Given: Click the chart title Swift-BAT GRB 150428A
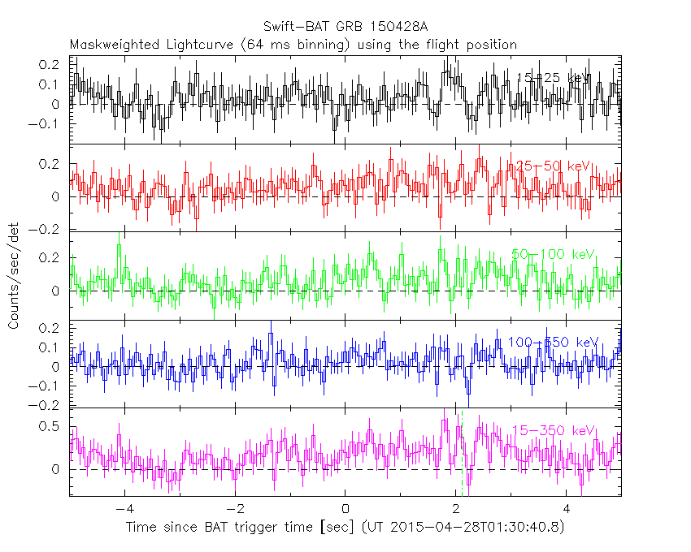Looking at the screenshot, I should (x=345, y=26).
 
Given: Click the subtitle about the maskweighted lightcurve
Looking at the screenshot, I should (x=293, y=44).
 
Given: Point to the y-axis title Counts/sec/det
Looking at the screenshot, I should (x=14, y=278).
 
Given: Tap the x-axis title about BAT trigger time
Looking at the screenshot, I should (x=345, y=528).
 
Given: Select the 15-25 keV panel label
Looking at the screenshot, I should (x=554, y=78).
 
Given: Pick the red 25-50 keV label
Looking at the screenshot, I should (x=550, y=166).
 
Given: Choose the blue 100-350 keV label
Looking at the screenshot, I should (x=553, y=343).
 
